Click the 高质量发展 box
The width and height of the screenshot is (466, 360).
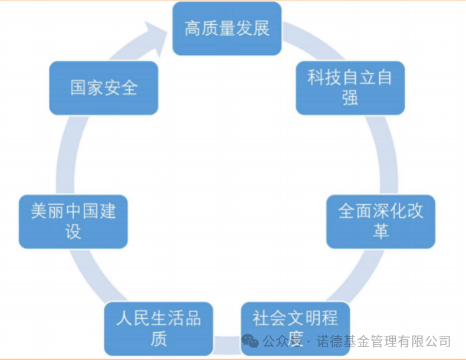point(227,28)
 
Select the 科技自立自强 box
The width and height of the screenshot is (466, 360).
point(350,87)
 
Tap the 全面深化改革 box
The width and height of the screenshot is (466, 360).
point(380,221)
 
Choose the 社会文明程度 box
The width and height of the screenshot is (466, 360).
point(295,328)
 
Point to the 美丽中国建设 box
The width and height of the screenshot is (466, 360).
point(73,221)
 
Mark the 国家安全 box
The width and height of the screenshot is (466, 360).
point(104,88)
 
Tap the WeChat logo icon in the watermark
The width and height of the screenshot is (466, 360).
point(251,342)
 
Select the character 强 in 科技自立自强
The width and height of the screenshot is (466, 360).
point(350,97)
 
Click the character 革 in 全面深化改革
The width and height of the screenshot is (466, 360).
point(380,231)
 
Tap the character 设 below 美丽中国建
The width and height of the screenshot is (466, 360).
point(73,231)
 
